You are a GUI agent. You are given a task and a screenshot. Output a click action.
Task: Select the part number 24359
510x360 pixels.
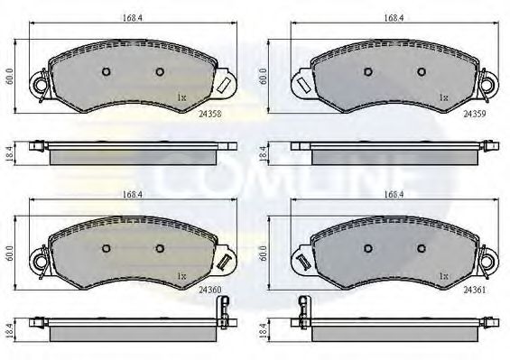[x=475, y=115]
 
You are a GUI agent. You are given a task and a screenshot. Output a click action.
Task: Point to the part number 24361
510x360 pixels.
[x=475, y=291]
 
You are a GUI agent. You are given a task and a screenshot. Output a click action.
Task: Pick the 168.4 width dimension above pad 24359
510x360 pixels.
[x=392, y=14]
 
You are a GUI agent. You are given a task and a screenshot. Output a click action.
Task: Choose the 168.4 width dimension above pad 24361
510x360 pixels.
[x=392, y=192]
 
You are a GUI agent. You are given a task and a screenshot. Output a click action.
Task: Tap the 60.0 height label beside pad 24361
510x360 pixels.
[x=264, y=254]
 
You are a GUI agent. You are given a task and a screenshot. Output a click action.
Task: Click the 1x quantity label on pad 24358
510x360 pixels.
[x=181, y=96]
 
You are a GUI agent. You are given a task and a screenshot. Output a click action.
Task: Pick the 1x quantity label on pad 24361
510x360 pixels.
[x=442, y=273]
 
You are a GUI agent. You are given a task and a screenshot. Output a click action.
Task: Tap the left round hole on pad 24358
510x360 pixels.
[x=105, y=72]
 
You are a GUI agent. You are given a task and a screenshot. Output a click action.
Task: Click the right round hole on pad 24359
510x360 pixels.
[x=421, y=72]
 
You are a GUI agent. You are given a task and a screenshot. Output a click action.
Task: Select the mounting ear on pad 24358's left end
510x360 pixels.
[x=38, y=84]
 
